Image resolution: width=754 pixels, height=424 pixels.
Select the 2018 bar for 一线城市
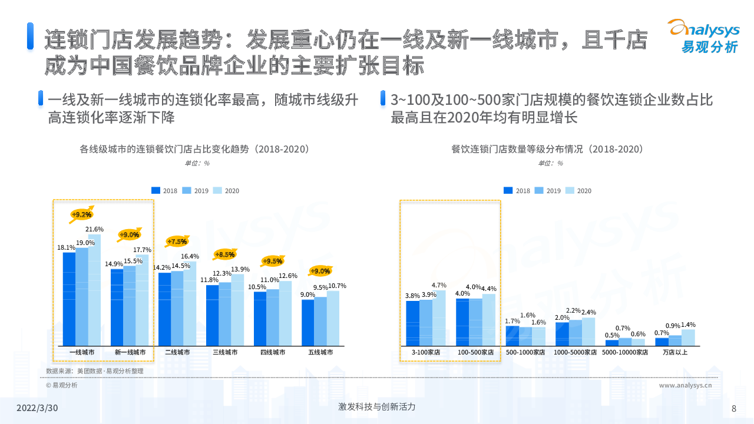(x=69, y=299)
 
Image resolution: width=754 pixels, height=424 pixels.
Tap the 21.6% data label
(x=94, y=229)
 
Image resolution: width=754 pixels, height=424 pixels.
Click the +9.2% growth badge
(x=81, y=214)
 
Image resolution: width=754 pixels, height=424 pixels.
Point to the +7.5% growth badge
(x=177, y=241)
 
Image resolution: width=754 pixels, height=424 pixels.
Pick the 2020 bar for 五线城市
(x=333, y=318)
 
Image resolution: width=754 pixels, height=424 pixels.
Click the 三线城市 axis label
(x=225, y=352)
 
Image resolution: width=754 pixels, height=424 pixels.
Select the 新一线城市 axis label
(x=130, y=352)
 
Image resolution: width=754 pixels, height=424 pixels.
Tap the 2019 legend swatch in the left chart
(x=187, y=190)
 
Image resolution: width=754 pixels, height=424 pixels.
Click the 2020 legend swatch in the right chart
(x=570, y=190)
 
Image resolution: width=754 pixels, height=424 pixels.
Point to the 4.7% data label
(x=439, y=285)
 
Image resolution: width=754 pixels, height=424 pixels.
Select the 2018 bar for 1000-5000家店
(x=562, y=334)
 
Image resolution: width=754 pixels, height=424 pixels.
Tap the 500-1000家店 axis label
(x=525, y=352)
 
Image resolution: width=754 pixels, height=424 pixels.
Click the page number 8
(x=733, y=409)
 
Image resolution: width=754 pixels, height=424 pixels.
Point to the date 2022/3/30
(x=37, y=408)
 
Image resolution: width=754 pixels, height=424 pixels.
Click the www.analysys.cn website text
(x=686, y=385)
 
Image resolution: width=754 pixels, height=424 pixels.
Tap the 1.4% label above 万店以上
(x=688, y=324)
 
